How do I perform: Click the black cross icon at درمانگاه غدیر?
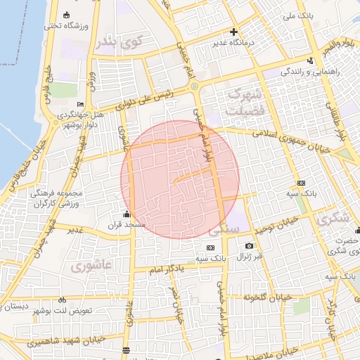[x=234, y=32]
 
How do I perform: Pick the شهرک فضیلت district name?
[x=245, y=103]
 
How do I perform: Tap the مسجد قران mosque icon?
[x=127, y=214]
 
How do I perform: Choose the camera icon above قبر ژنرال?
[x=249, y=246]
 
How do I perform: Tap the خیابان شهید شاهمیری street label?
[x=67, y=342]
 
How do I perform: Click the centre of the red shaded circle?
[x=180, y=179]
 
